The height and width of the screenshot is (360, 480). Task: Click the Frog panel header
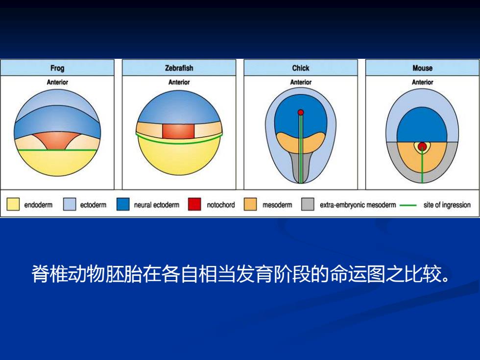tap(57, 68)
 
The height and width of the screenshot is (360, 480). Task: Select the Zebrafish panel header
tap(179, 68)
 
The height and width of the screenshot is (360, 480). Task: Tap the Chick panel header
tap(301, 68)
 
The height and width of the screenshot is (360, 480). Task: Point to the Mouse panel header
tap(422, 68)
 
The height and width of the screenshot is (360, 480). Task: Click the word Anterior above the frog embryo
tap(57, 82)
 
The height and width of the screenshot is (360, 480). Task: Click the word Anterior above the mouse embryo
tap(422, 82)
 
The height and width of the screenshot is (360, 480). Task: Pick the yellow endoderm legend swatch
tap(13, 204)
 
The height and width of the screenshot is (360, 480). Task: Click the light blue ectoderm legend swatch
tap(70, 204)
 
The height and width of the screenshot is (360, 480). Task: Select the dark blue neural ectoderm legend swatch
tap(123, 204)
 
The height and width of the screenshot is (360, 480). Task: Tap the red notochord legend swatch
tap(194, 204)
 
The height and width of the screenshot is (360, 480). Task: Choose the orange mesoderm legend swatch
tap(250, 204)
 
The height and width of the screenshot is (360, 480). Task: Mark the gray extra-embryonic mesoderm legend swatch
tap(308, 204)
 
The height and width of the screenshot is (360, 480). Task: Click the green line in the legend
tap(408, 205)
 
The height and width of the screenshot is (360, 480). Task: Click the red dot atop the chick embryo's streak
tap(301, 112)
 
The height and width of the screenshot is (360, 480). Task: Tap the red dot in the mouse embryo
tap(422, 146)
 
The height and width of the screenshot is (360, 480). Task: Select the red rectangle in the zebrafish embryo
tap(178, 131)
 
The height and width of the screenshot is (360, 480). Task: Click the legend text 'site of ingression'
tap(447, 205)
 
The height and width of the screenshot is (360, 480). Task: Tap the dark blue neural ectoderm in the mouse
tap(422, 125)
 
